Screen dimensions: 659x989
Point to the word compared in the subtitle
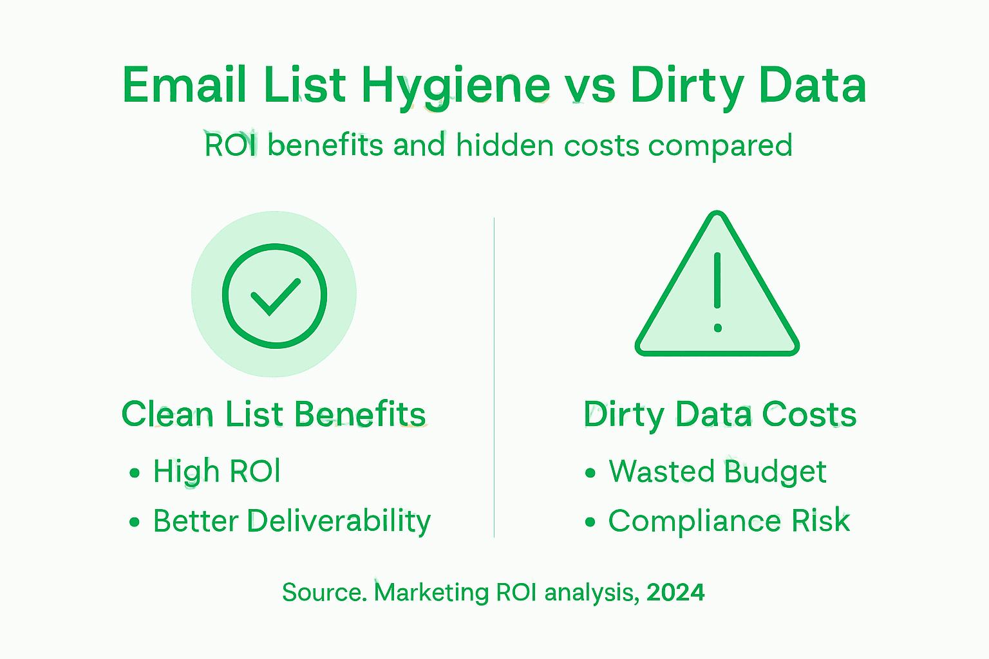point(720,146)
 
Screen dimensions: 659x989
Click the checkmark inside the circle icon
point(275,297)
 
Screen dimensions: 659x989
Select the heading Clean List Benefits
point(274,414)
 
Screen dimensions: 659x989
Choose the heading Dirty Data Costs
point(720,414)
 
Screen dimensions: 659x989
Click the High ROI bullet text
point(216,472)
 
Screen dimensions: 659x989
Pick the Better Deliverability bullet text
point(292,521)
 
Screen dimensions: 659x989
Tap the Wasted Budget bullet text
point(717,472)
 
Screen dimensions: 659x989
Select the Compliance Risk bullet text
point(729,521)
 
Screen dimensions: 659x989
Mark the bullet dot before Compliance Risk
point(590,522)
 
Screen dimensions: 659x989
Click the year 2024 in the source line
point(675,592)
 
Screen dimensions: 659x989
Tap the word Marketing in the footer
point(431,592)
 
